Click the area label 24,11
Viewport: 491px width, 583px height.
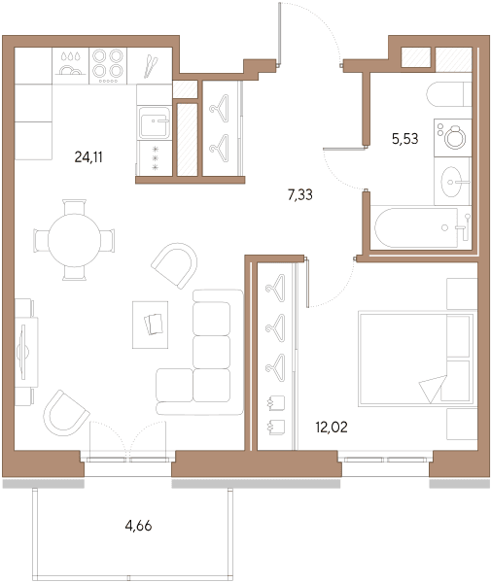[x=88, y=157]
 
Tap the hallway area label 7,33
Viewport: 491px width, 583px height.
[x=300, y=194]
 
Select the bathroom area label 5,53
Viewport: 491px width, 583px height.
[x=405, y=139]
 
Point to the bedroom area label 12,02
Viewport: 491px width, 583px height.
[x=332, y=427]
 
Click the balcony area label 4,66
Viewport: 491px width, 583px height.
[x=138, y=526]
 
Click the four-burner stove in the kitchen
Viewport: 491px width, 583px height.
[x=108, y=66]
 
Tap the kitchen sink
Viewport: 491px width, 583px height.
[x=155, y=122]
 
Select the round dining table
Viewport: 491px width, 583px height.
[x=75, y=240]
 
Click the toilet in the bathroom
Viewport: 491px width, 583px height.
[x=449, y=94]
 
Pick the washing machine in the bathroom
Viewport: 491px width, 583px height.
[x=453, y=138]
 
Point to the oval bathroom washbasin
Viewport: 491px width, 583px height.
[x=451, y=182]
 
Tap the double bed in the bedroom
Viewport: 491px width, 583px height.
[x=416, y=360]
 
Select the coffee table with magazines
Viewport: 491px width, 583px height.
[x=151, y=325]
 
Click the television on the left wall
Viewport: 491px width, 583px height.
[x=23, y=352]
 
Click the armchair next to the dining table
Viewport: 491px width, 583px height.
[x=175, y=265]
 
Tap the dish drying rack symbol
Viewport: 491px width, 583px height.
[x=70, y=65]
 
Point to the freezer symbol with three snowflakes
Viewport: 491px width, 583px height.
[x=156, y=158]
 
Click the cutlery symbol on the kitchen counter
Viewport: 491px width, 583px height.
[x=151, y=66]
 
